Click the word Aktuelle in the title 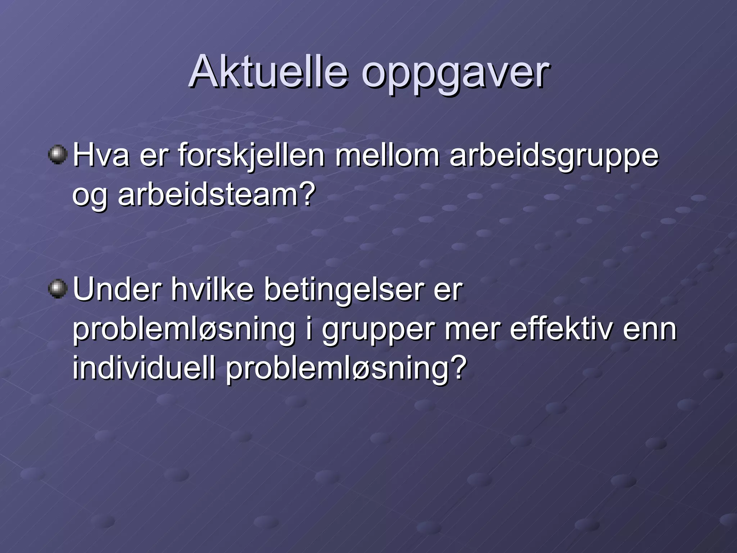point(268,72)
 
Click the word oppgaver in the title point(455,74)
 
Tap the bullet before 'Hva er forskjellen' point(58,155)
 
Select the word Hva point(101,156)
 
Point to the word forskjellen point(251,156)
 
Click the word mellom point(387,156)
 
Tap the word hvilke point(212,289)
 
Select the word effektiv point(561,329)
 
